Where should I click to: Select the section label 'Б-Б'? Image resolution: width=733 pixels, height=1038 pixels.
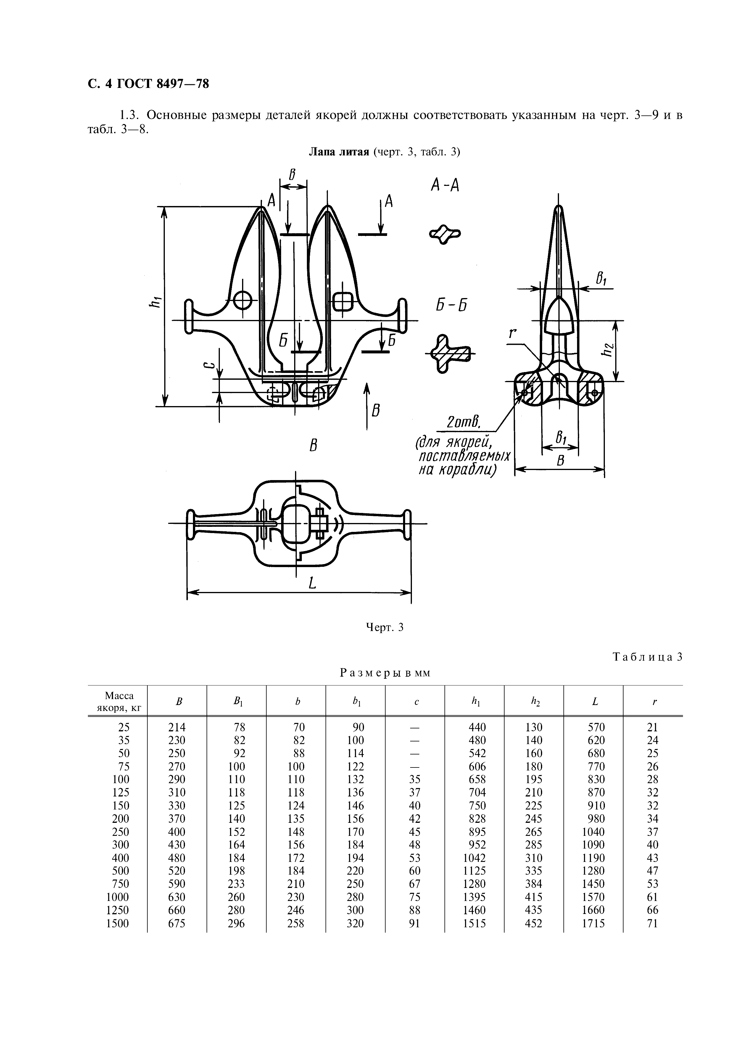click(x=451, y=306)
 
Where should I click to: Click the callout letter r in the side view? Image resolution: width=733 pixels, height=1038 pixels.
click(x=513, y=333)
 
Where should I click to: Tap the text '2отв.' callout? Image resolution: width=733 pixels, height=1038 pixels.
click(x=462, y=422)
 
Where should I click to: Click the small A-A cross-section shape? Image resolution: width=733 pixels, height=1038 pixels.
click(x=445, y=234)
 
